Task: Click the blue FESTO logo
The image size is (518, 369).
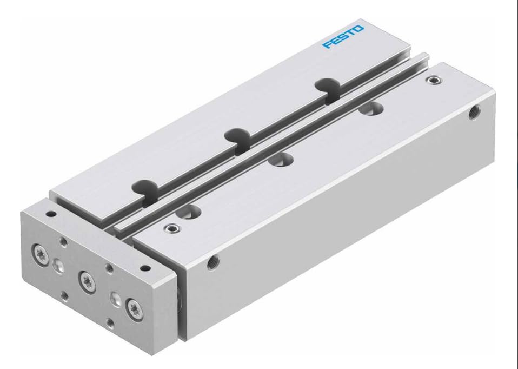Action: click(343, 36)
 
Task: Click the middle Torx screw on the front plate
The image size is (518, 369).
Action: click(87, 279)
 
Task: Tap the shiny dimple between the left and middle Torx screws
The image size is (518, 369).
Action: click(58, 263)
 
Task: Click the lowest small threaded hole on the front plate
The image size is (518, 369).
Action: click(110, 323)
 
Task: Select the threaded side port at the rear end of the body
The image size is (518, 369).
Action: click(473, 114)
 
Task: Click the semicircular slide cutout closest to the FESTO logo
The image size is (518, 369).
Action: click(327, 85)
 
